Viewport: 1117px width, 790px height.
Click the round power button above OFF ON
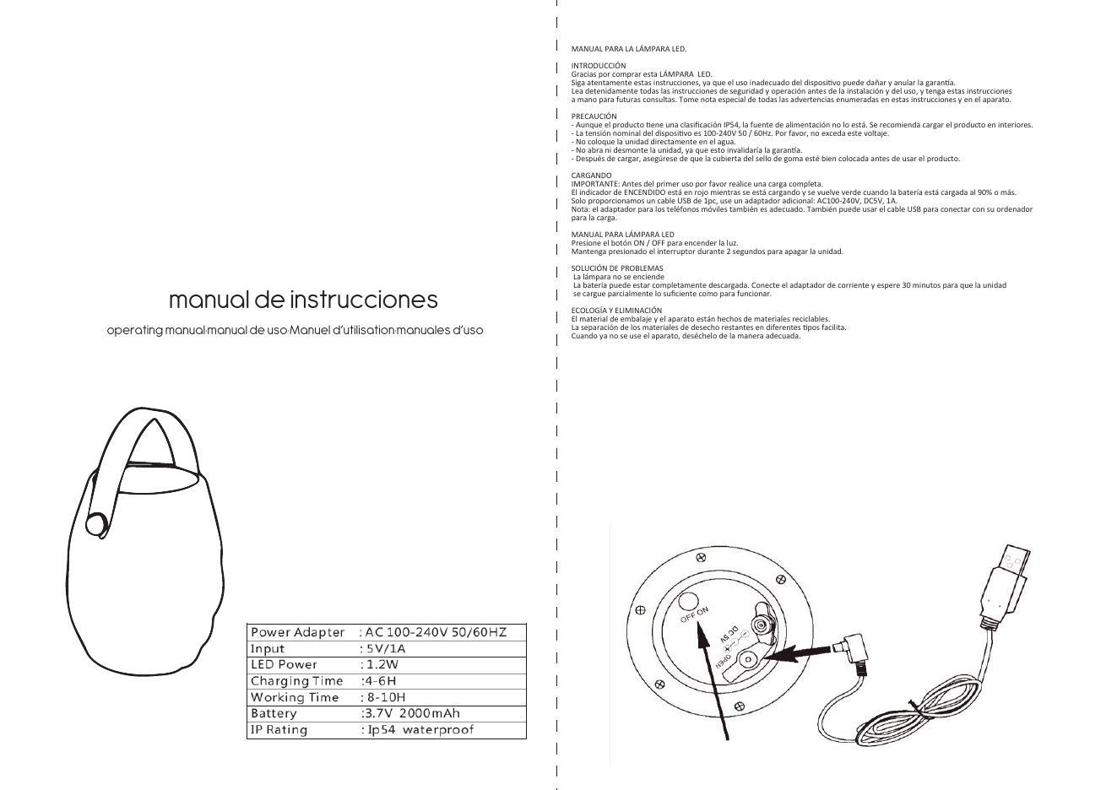(688, 601)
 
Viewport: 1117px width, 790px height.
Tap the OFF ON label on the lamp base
(695, 614)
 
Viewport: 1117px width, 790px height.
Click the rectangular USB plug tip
(1016, 560)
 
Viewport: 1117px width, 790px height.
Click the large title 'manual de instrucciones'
(303, 300)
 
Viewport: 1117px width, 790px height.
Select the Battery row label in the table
(274, 713)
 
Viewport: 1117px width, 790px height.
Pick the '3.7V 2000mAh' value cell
(411, 713)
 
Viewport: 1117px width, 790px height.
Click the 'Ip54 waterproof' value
(419, 729)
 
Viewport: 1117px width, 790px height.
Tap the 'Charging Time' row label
(296, 681)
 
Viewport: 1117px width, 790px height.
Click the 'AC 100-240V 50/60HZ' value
(435, 632)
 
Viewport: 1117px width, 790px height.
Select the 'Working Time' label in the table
(295, 697)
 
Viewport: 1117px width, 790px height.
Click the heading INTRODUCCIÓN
(599, 65)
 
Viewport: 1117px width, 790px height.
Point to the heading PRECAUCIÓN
(594, 116)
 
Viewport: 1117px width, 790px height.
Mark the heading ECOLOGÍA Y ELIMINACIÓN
(616, 310)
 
